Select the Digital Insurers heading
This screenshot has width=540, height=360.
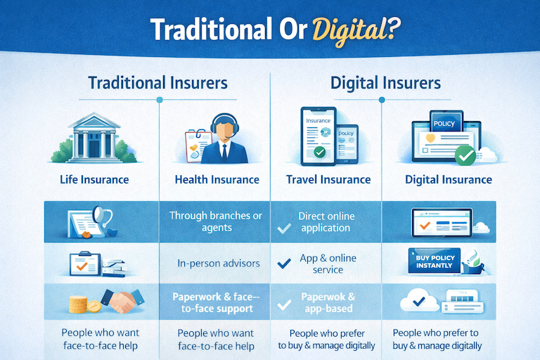[x=386, y=83]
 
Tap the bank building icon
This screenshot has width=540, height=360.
[x=94, y=137]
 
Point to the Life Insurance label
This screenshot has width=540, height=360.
[x=94, y=179]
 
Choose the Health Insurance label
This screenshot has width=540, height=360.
[x=217, y=179]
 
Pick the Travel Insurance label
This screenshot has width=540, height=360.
[x=328, y=179]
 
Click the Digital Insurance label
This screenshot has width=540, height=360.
[x=449, y=179]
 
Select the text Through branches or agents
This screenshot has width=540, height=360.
[x=214, y=221]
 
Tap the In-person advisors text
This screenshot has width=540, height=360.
[x=219, y=264]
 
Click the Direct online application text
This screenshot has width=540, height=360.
[x=326, y=221]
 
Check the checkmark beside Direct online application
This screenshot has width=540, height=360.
[x=285, y=228]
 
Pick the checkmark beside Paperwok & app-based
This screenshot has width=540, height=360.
[x=285, y=305]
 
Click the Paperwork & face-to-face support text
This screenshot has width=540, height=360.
[x=216, y=302]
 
